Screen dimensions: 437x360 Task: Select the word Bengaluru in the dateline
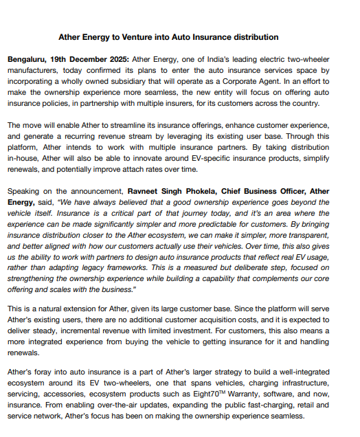[27, 60]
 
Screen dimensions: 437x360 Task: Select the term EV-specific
[215, 159]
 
